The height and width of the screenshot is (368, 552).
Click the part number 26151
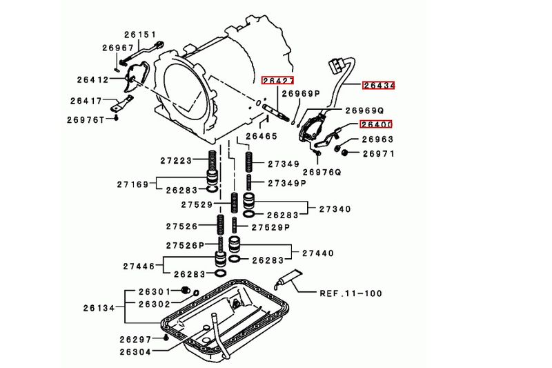pos(140,35)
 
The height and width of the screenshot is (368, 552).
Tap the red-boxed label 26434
pos(379,86)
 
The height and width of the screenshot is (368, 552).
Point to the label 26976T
pos(86,119)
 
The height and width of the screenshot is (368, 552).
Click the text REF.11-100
pos(350,293)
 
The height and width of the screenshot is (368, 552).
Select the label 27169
pos(134,184)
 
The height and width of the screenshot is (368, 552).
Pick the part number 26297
pos(136,339)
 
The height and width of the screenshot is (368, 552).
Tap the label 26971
pos(377,153)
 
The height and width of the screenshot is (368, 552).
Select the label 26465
pos(261,137)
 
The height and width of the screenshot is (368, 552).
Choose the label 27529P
pos(270,227)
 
